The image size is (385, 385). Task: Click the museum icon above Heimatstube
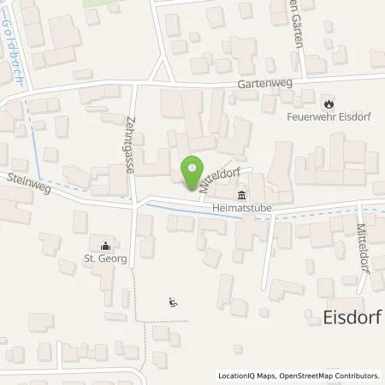[242, 192]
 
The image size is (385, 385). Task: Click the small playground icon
[173, 301]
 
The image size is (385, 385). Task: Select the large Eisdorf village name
[336, 318]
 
